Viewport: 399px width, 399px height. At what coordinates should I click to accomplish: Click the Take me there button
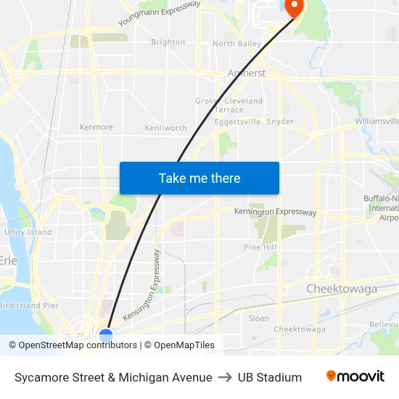[199, 178]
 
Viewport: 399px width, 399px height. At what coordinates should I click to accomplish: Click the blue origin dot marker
[106, 335]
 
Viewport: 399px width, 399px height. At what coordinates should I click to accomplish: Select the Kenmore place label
[96, 127]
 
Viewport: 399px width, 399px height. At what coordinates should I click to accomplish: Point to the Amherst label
[247, 73]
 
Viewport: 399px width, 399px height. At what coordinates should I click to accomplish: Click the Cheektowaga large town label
[342, 289]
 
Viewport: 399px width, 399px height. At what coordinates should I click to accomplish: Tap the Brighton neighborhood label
[168, 42]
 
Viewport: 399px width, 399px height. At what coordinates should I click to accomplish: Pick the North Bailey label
[236, 44]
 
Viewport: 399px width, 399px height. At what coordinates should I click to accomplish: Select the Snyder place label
[280, 122]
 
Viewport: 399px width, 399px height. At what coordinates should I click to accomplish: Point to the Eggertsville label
[237, 122]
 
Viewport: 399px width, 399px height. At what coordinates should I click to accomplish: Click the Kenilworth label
[165, 128]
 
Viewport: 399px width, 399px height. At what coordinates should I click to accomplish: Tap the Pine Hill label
[260, 247]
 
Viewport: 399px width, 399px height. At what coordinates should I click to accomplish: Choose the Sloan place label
[258, 318]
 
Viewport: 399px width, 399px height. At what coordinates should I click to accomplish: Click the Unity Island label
[28, 232]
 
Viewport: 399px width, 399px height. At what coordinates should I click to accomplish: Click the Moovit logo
[355, 377]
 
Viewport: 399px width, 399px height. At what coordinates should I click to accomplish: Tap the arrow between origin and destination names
[225, 377]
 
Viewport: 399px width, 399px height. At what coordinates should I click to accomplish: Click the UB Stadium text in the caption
[269, 377]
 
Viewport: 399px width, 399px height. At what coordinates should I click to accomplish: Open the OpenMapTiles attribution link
[184, 345]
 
